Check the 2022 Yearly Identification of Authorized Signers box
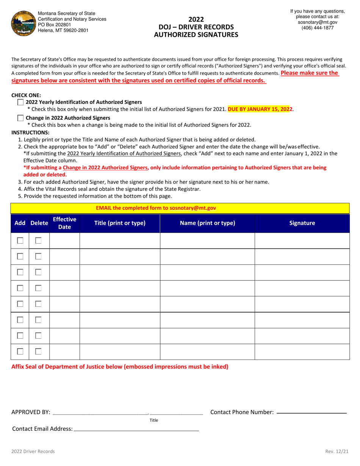20,102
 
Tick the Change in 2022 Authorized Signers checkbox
20,118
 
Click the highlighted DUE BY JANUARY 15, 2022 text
260,109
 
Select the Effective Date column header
64,223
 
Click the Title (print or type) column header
120,223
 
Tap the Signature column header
302,223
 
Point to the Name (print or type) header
207,223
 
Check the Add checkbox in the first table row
20,241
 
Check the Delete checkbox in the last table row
38,352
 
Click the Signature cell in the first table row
302,241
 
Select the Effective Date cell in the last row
64,352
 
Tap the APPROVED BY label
31,412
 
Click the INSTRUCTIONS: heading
30,132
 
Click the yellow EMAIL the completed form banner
180,208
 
